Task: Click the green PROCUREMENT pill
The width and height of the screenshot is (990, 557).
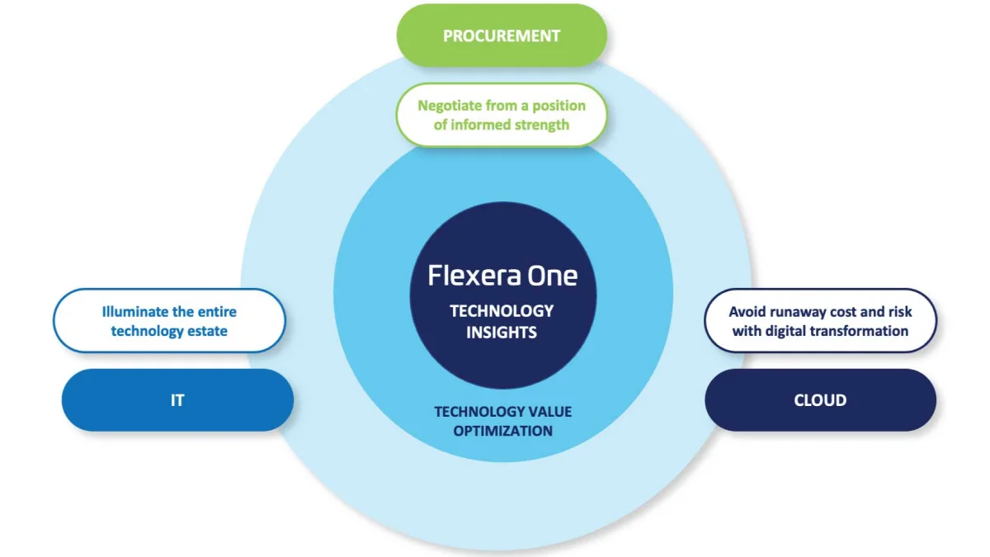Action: tap(502, 35)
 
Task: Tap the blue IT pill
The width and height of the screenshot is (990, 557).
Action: tap(177, 400)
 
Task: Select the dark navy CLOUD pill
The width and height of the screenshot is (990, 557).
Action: tap(820, 400)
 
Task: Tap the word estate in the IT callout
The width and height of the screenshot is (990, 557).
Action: tap(207, 331)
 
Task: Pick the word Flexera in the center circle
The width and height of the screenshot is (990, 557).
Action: tap(469, 275)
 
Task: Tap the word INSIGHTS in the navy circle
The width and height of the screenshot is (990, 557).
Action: tap(502, 333)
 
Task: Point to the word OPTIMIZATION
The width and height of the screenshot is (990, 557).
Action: tap(503, 431)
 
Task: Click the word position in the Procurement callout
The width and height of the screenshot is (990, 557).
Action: tap(559, 106)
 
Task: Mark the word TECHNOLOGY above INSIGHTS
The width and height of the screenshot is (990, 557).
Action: tap(502, 311)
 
